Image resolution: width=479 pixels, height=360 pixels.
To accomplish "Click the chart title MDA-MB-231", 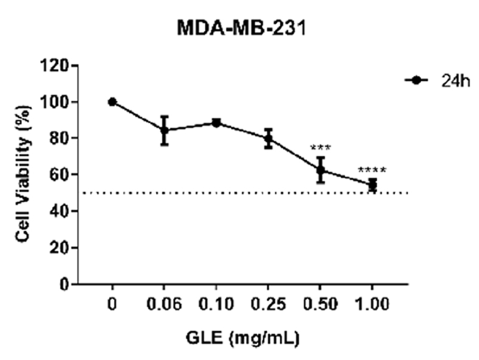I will pos(242,28).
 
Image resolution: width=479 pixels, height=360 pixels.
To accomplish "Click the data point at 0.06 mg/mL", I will pos(164,130).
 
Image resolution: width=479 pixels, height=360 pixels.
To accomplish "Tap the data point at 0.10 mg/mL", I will pos(216,123).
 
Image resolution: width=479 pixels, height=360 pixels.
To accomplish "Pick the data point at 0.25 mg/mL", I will pos(269,138).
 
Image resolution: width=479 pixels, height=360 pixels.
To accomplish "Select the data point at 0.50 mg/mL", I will pos(321,170).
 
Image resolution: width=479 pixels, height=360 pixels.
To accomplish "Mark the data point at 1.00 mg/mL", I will pos(372,184).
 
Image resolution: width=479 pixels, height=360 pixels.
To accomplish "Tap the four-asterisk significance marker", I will pos(372,170).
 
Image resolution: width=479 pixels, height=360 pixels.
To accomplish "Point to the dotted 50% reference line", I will pos(239,193).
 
